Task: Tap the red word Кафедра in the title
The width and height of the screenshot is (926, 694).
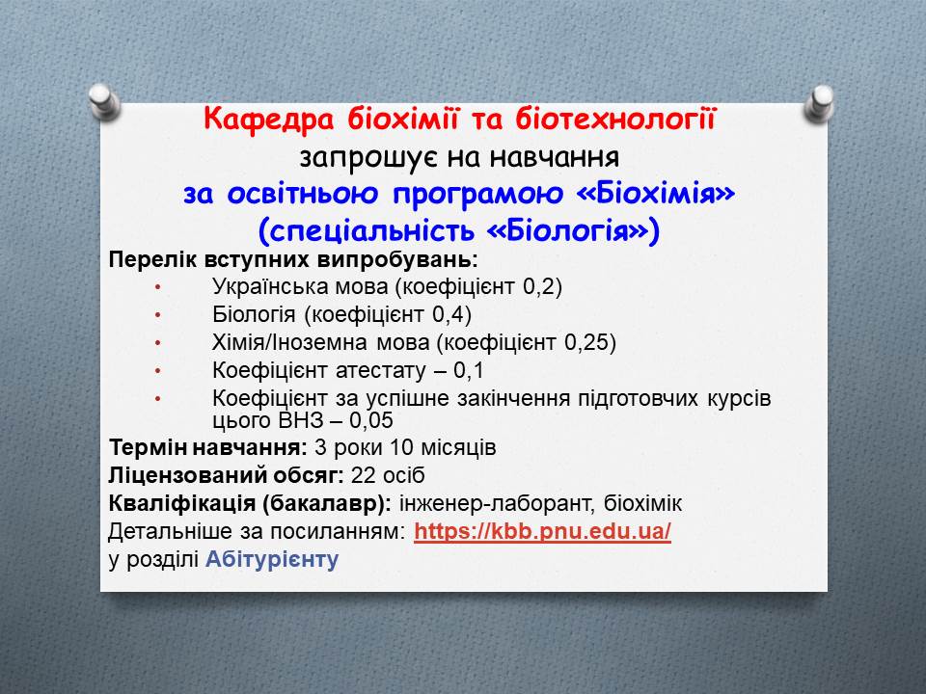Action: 269,120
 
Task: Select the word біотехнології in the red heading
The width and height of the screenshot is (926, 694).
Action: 616,120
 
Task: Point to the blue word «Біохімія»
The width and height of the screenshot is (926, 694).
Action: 656,193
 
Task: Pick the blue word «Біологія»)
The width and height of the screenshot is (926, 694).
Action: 572,230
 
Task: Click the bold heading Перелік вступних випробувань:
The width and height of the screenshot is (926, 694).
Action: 293,259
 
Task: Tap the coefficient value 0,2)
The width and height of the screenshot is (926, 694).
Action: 543,287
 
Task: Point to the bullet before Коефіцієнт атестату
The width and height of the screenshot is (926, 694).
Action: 157,371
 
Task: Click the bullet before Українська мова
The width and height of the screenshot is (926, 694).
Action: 157,287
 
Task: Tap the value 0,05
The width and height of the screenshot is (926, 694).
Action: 370,421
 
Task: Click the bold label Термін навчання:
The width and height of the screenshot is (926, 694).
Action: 208,447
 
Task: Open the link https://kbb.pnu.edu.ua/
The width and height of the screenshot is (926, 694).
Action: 543,532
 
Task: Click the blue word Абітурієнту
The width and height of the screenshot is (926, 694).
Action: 272,559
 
